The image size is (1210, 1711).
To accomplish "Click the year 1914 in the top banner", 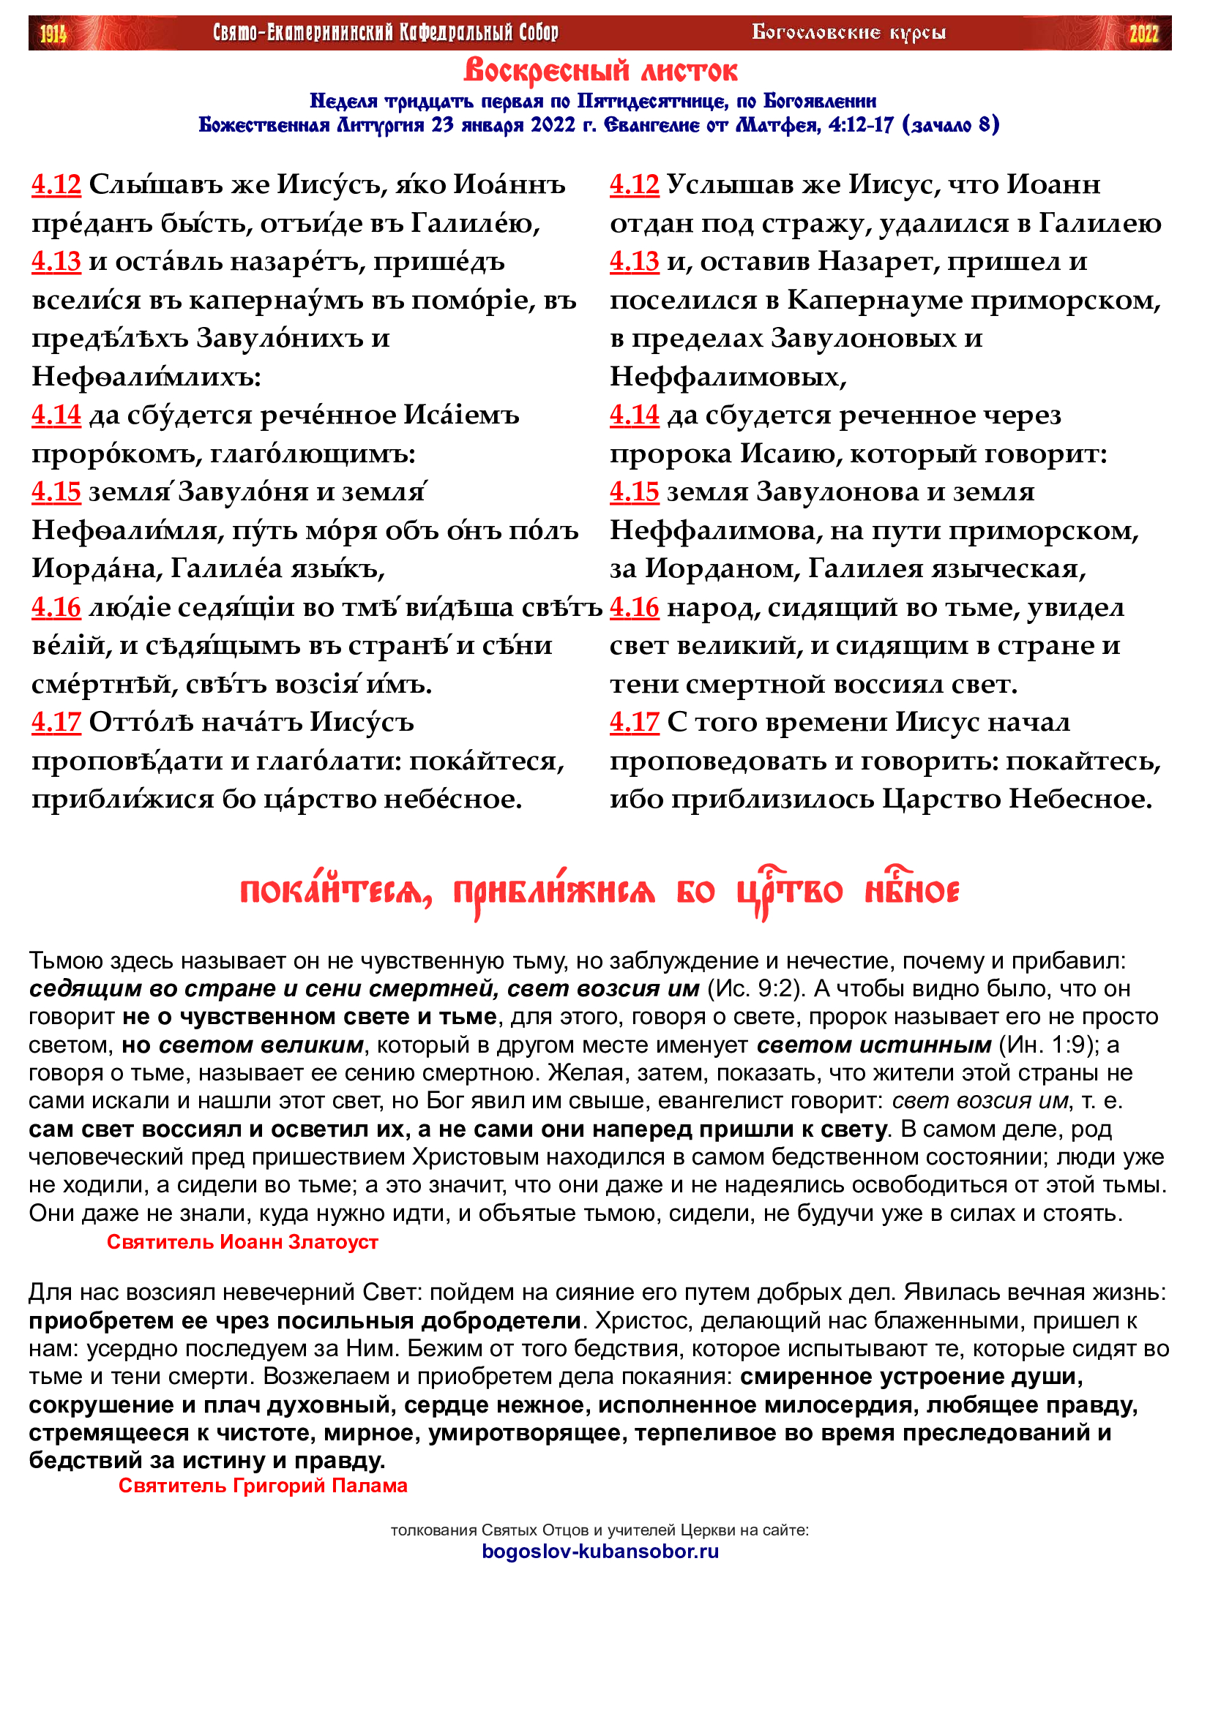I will point(53,34).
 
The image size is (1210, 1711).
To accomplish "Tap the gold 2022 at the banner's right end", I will point(1143,34).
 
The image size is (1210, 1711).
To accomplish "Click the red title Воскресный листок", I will point(600,72).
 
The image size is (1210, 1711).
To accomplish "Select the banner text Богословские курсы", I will point(848,32).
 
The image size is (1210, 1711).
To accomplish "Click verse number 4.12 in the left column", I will point(56,184).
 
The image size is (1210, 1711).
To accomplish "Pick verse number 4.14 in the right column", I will point(635,415).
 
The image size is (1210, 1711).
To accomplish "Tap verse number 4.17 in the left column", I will point(56,722).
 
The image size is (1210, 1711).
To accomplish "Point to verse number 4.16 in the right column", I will point(635,607).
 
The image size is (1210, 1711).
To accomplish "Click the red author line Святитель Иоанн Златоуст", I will point(242,1241).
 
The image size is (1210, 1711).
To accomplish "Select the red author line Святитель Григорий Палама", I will point(263,1485).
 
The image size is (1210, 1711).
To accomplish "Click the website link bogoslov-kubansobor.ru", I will point(600,1551).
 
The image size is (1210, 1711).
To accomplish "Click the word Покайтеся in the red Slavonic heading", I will point(335,892).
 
